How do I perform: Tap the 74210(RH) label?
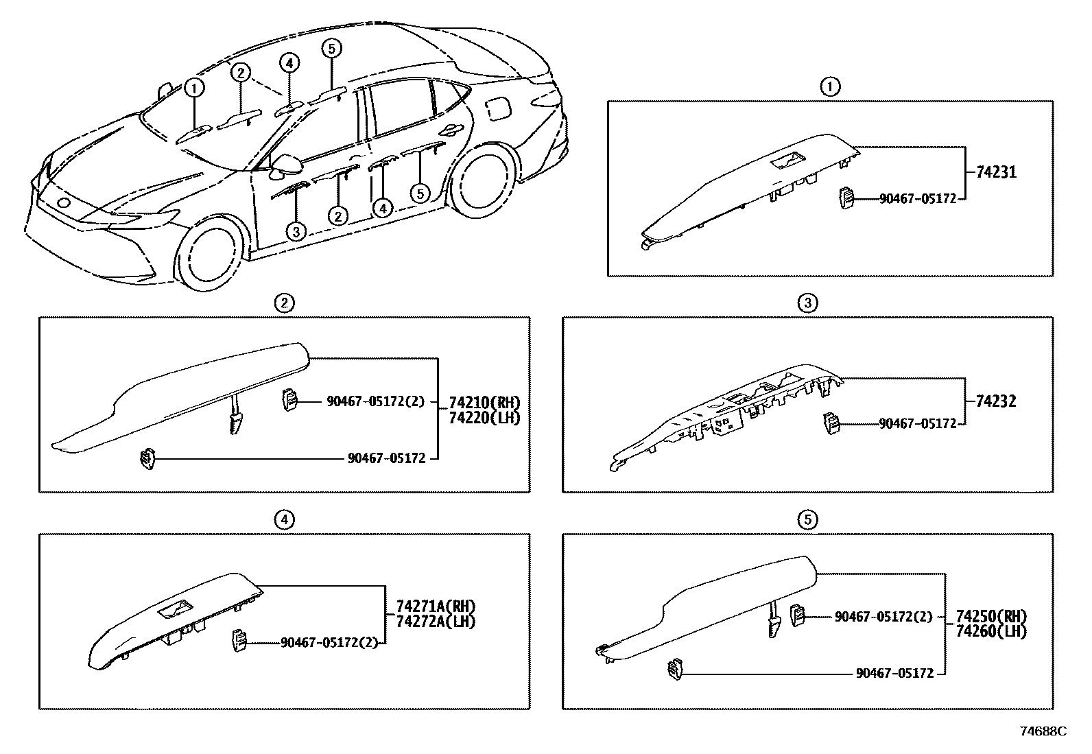pos(484,403)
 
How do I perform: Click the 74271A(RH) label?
pos(436,606)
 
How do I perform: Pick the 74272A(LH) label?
pos(436,621)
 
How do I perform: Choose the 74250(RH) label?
pos(991,615)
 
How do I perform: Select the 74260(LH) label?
pos(991,631)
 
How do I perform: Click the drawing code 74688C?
pos(1043,731)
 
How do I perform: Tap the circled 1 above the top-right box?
pos(830,86)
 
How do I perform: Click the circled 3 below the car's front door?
pos(296,231)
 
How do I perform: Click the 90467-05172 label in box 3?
pos(917,424)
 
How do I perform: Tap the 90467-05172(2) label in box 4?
pos(329,643)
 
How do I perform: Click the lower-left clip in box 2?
pos(146,458)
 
